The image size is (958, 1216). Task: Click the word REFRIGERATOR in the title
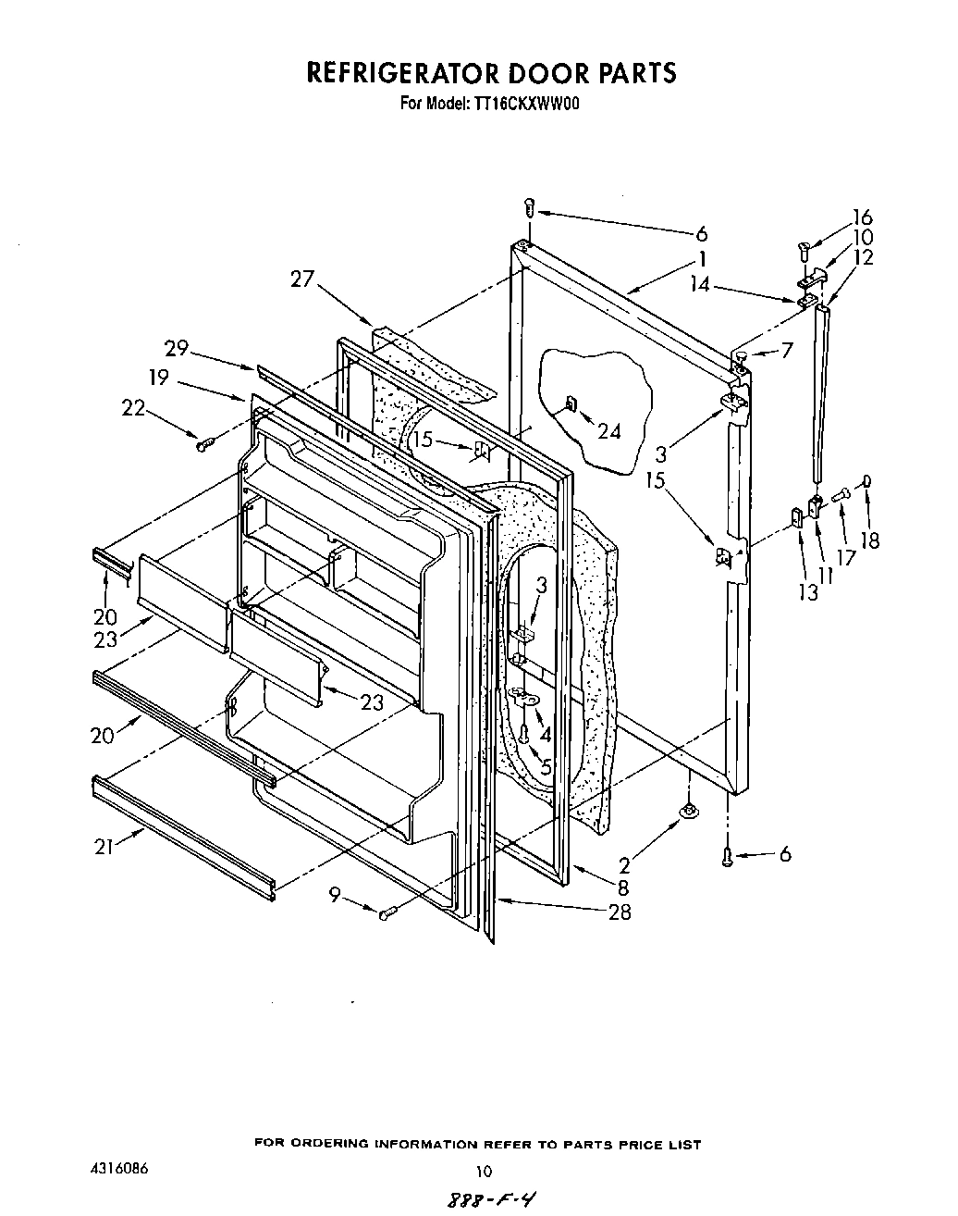pyautogui.click(x=400, y=73)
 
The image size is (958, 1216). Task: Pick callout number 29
pyautogui.click(x=177, y=348)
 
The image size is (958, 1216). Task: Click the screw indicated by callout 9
pyautogui.click(x=388, y=913)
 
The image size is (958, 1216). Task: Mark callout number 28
pyautogui.click(x=620, y=912)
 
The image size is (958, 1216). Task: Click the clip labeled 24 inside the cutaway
pyautogui.click(x=571, y=403)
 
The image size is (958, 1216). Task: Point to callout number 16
pyautogui.click(x=862, y=217)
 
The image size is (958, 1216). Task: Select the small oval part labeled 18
pyautogui.click(x=866, y=479)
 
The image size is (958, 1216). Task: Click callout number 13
pyautogui.click(x=808, y=592)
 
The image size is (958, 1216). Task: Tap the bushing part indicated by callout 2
pyautogui.click(x=689, y=811)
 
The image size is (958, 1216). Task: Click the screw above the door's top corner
pyautogui.click(x=529, y=209)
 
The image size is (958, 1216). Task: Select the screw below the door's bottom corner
pyautogui.click(x=728, y=858)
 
